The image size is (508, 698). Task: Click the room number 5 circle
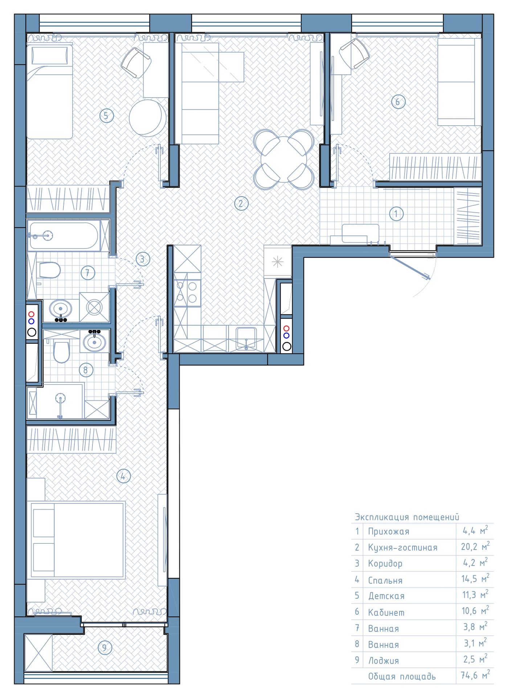[x=107, y=116]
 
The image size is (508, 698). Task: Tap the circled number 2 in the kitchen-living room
[x=241, y=203]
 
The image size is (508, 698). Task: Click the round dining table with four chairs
[x=284, y=159]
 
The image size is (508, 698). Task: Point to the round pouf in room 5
[x=147, y=118]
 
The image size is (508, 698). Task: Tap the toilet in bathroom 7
[x=49, y=270]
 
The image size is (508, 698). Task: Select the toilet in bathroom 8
[x=61, y=351]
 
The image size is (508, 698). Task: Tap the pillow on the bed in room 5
[x=50, y=56]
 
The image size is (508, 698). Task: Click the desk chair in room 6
[x=354, y=54]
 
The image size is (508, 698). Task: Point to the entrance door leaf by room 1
[x=410, y=267]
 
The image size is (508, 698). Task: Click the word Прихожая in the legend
[x=389, y=532]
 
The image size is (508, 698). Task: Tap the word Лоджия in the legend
[x=384, y=661]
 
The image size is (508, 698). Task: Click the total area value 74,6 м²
[x=475, y=675]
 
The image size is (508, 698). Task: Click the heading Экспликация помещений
[x=407, y=517]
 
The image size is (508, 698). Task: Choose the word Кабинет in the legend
[x=386, y=613]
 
